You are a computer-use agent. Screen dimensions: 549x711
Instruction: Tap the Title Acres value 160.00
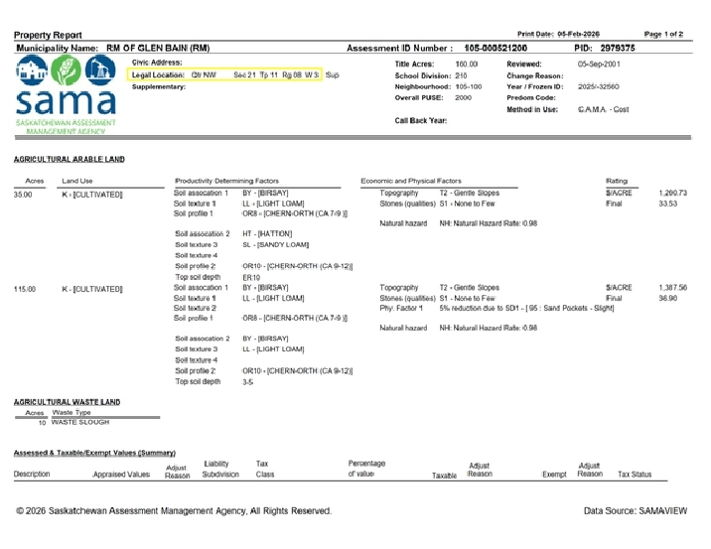466,64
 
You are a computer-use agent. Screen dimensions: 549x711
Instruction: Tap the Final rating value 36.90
668,298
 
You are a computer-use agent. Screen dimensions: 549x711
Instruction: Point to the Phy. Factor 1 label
401,308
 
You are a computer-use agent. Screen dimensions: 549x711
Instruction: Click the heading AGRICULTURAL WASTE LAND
68,402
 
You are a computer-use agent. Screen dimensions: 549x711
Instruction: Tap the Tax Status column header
635,475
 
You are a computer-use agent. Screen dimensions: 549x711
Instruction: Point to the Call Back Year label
421,120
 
